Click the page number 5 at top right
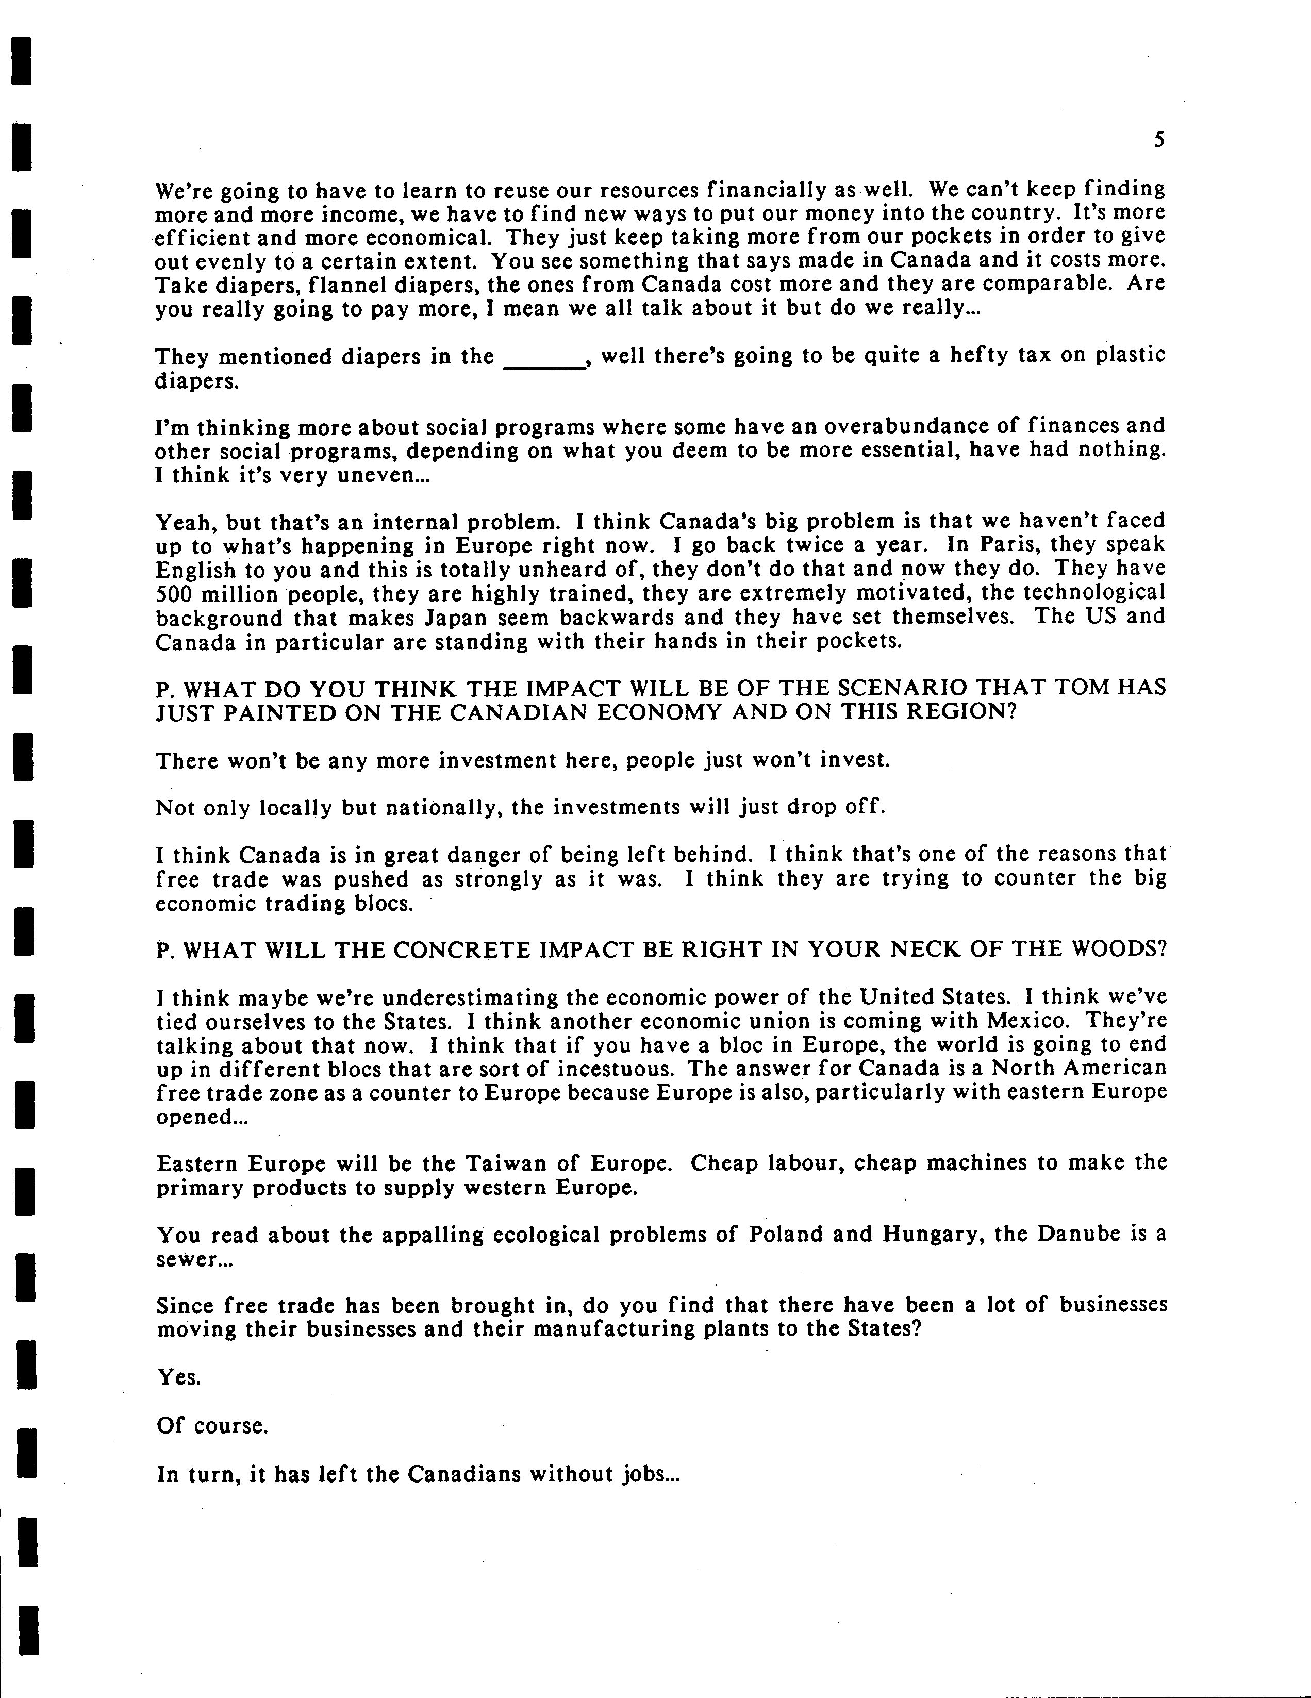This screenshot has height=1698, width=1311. point(1158,141)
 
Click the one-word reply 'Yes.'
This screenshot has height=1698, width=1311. point(179,1378)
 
